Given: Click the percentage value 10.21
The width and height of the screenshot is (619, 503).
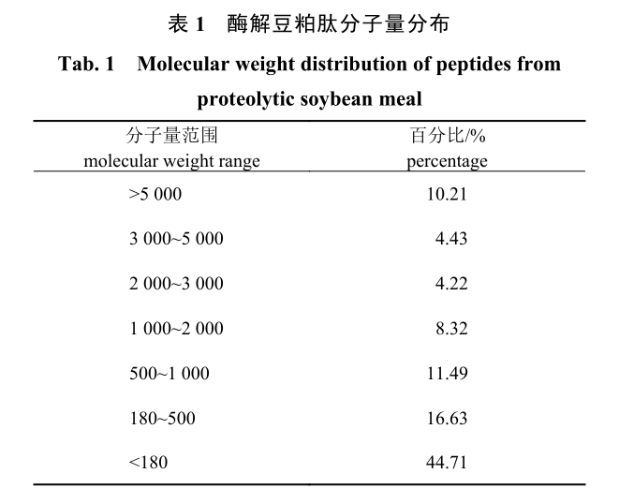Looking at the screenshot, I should point(446,195).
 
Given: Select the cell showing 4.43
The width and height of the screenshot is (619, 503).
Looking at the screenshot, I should point(450,239).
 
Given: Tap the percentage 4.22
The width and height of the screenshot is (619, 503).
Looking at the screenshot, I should point(450,284).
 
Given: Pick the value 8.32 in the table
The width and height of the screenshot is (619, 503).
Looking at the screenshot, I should point(450,329).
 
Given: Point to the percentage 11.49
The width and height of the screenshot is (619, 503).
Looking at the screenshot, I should point(446,374).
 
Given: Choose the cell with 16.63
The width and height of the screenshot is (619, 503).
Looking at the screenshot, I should point(446,419).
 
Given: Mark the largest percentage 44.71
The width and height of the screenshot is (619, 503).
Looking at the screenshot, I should point(446,463).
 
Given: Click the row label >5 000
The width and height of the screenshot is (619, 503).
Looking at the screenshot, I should point(155,195).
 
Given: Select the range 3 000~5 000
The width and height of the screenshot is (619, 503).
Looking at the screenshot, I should point(176,239).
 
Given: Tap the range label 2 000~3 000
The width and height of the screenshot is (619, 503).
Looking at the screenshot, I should point(176,284).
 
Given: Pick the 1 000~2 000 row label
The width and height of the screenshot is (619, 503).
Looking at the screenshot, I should point(176,329).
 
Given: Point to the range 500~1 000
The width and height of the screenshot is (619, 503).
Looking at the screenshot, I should point(169,374).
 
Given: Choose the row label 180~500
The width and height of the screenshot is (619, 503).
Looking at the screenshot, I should point(162,419).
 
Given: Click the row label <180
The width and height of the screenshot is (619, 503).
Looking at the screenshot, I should point(148,463).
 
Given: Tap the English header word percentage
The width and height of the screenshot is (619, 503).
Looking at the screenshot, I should point(447,161).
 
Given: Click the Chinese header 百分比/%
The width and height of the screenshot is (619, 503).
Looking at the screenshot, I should point(447,137).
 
